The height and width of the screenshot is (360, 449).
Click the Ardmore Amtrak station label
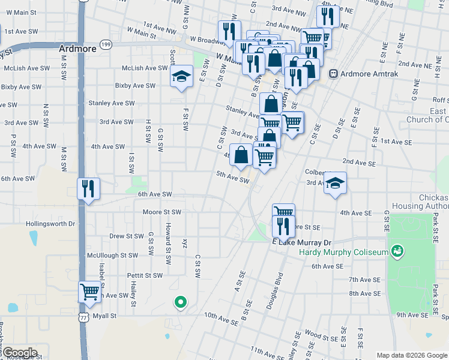pyautogui.click(x=360, y=74)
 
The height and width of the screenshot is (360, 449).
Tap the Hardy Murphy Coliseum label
pyautogui.click(x=344, y=252)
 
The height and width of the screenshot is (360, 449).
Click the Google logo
pyautogui.click(x=19, y=353)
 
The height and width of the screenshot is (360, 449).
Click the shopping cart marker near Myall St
pyautogui.click(x=89, y=292)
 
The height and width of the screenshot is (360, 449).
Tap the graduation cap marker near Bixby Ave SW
pyautogui.click(x=181, y=76)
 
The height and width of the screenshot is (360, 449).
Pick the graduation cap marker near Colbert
pyautogui.click(x=335, y=184)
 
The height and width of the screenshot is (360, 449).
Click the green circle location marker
pyautogui.click(x=179, y=302)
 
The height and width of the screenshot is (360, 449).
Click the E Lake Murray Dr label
pyautogui.click(x=301, y=242)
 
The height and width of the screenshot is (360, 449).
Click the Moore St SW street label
pyautogui.click(x=161, y=212)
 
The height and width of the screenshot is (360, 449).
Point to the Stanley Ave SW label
pyautogui.click(x=112, y=103)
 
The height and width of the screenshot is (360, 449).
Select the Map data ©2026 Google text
pyautogui.click(x=412, y=355)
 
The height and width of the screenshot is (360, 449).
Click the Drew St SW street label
pyautogui.click(x=126, y=236)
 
